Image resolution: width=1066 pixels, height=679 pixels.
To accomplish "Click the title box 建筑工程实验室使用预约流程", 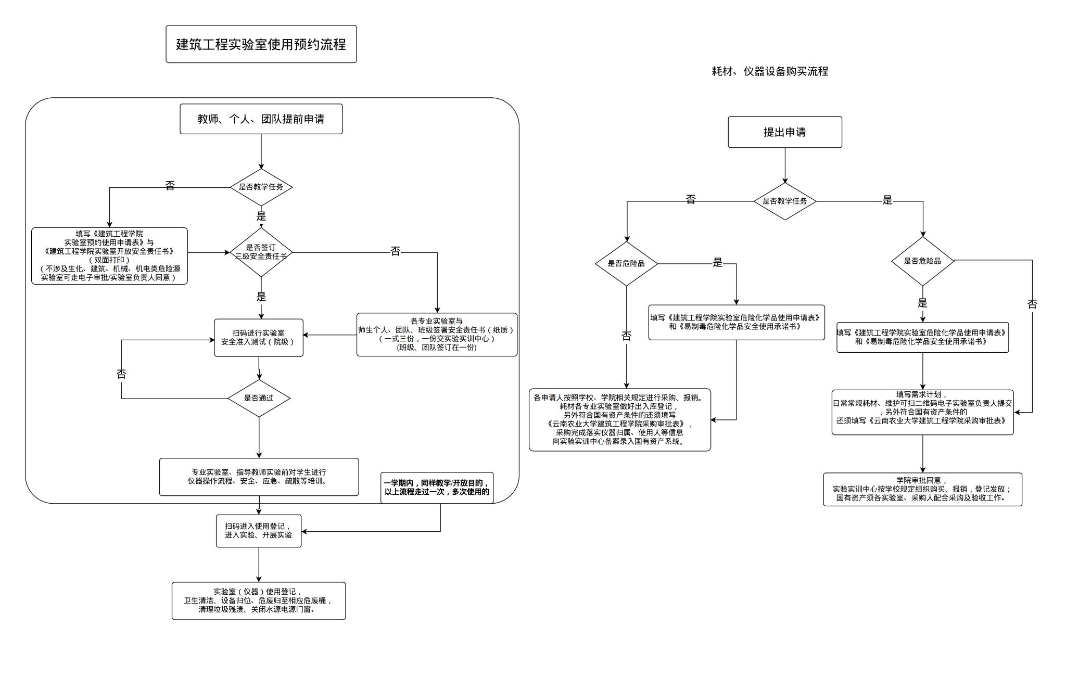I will coord(261,44).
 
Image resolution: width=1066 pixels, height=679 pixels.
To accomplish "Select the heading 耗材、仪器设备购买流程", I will coord(769,71).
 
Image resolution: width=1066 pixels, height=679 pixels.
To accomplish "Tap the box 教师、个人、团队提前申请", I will coord(261,119).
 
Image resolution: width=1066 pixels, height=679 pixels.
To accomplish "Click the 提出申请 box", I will coord(784,132).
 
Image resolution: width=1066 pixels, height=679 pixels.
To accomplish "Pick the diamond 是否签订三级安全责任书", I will coord(261,252).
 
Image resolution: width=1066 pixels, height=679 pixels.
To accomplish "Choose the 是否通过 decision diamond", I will coord(259,399).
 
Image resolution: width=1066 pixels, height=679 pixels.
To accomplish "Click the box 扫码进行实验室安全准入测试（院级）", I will coord(259,338).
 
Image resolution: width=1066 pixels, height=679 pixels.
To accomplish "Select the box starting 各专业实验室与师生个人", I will coord(437,335).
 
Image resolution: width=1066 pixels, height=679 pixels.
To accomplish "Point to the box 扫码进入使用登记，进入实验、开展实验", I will coord(259,531).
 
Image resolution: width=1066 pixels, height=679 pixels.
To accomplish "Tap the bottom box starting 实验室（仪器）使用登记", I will coord(259,600).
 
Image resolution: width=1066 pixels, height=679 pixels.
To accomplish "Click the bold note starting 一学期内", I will coord(437,488).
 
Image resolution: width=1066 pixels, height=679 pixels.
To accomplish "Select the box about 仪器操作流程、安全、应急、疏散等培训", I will coord(259,477).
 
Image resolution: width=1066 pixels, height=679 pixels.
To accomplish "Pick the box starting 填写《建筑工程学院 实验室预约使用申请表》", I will coord(109,255).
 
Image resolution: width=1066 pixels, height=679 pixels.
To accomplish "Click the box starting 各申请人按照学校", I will coord(619,419).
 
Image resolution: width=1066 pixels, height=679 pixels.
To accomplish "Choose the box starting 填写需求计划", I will coord(922,412).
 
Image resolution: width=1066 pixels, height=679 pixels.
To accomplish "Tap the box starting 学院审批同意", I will coord(922,489).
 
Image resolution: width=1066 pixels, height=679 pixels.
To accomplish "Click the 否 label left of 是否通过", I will coord(121,374).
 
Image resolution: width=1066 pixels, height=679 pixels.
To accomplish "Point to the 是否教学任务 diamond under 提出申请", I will coord(784,201).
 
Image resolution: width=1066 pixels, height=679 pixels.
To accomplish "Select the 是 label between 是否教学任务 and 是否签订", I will coord(261,216).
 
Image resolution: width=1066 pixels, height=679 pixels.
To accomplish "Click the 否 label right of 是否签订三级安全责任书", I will coord(396,252).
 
